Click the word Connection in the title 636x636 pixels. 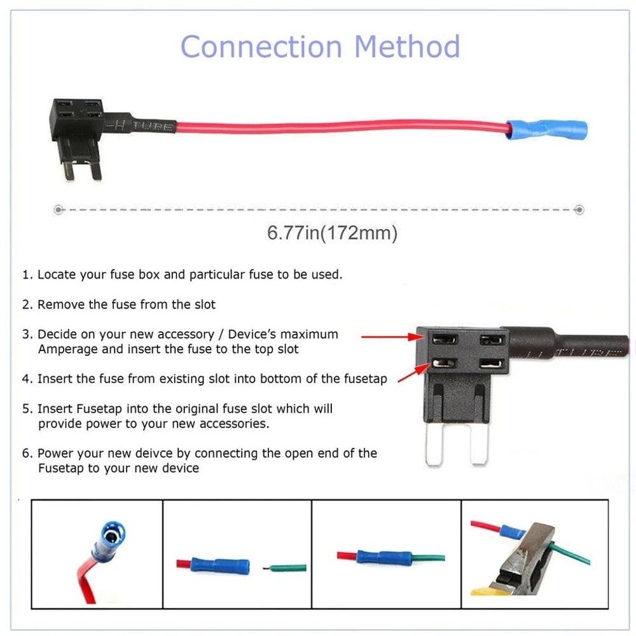click(261, 47)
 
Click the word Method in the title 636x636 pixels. click(407, 47)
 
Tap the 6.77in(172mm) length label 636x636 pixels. click(332, 233)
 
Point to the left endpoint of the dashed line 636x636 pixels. click(58, 209)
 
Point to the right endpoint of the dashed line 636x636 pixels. click(579, 209)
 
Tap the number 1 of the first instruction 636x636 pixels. click(26, 275)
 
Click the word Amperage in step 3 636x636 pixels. click(67, 349)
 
